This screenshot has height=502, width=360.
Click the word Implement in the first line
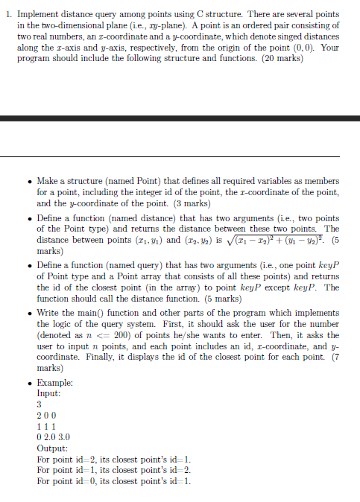click(38, 15)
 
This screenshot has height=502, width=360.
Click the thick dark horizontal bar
click(180, 118)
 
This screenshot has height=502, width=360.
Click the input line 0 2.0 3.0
click(53, 437)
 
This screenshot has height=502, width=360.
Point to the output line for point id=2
click(114, 459)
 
